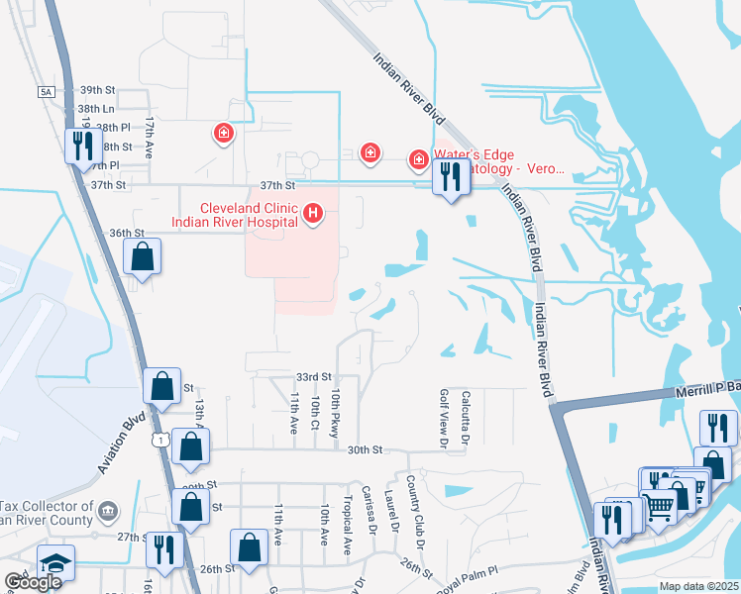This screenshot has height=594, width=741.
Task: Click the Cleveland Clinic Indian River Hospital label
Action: (x=236, y=215)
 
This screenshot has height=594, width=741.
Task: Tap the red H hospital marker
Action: (x=313, y=213)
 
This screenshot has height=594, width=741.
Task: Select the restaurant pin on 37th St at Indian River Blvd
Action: (x=452, y=178)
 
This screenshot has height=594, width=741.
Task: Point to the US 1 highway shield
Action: (x=160, y=439)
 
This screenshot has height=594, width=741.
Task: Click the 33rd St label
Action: (x=312, y=377)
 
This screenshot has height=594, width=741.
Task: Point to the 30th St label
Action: (x=365, y=449)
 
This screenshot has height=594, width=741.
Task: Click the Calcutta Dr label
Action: (x=464, y=416)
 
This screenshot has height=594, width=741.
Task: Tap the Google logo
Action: (x=33, y=582)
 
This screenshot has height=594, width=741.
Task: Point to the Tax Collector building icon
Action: (x=108, y=511)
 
